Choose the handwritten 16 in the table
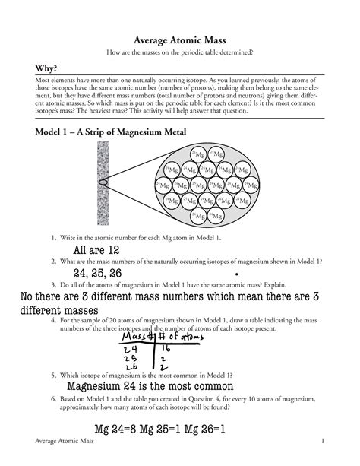[x=166, y=348]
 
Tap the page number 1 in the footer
[x=323, y=442]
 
